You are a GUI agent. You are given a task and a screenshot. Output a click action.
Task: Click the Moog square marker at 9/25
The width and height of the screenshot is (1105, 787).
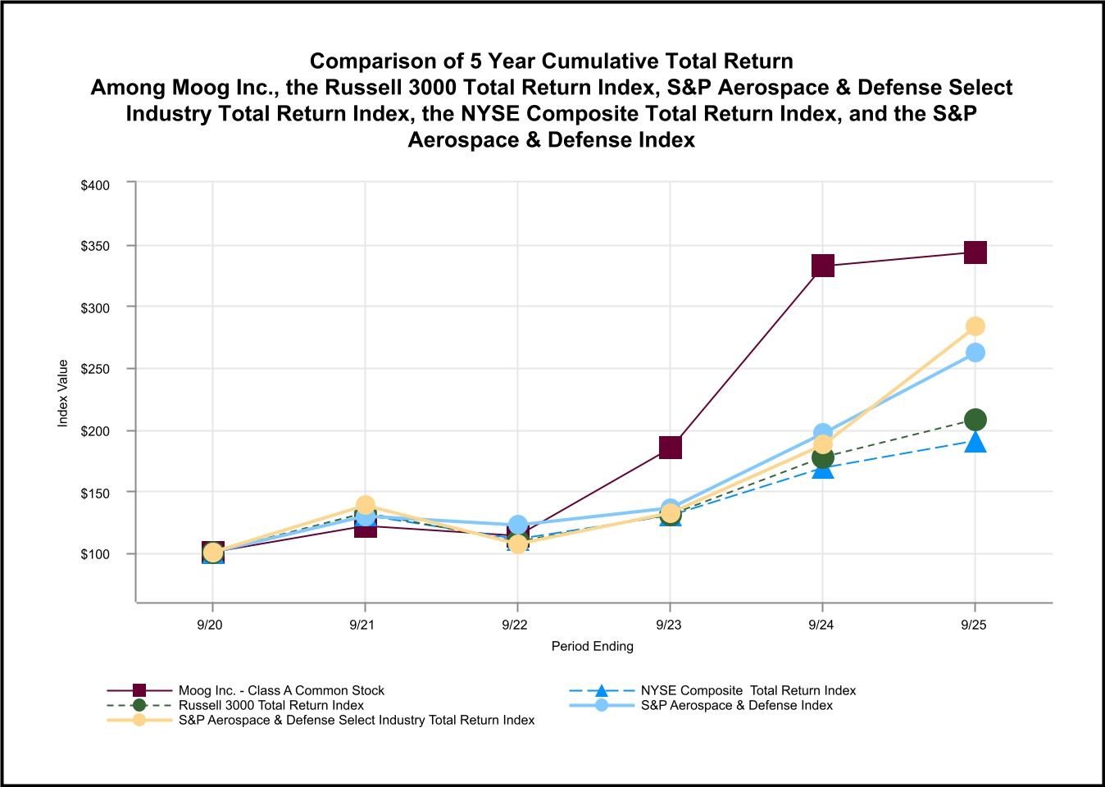(975, 252)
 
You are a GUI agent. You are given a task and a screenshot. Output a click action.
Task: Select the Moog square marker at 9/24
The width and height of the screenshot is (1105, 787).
(823, 266)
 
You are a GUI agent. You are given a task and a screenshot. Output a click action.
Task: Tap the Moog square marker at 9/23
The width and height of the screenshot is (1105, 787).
(671, 447)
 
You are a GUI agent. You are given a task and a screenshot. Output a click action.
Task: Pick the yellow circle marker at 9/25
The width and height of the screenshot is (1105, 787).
(975, 326)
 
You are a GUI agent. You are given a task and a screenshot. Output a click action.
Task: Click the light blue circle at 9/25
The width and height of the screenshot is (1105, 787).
(975, 353)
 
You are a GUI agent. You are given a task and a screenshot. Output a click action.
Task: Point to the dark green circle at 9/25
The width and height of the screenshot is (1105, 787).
(975, 420)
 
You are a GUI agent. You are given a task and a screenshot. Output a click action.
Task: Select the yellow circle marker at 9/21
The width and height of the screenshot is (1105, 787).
(366, 505)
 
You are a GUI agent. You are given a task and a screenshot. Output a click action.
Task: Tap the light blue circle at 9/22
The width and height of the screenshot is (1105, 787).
(518, 525)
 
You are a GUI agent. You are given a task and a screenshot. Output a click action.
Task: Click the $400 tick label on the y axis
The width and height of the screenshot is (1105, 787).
(95, 185)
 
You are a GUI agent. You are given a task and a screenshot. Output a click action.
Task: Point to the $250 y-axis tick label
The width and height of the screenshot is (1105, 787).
(95, 370)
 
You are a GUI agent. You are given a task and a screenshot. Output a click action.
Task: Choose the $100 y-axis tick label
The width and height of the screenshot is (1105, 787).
(95, 554)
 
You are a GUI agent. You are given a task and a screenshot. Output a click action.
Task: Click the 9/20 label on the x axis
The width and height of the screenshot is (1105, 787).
(210, 625)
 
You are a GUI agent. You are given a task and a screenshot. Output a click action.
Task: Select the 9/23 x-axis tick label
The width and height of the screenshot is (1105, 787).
(668, 625)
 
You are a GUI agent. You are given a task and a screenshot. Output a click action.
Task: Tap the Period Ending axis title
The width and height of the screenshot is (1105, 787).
(592, 646)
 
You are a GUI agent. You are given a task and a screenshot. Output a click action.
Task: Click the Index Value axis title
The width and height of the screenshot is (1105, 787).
(63, 393)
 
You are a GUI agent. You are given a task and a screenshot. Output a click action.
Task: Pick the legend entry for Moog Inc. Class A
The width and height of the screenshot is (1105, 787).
(281, 690)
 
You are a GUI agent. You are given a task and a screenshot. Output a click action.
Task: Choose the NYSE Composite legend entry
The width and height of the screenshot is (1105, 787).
(748, 690)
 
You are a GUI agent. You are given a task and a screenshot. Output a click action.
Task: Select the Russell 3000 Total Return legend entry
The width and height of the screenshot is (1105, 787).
(271, 705)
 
